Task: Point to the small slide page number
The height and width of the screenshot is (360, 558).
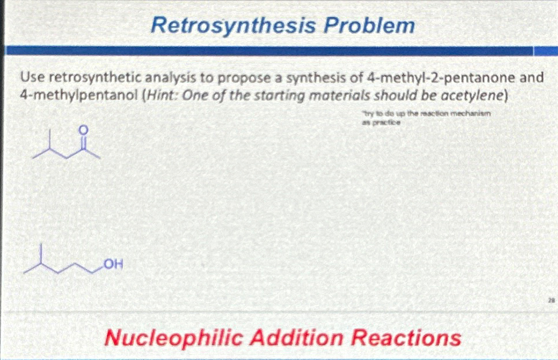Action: [x=551, y=300]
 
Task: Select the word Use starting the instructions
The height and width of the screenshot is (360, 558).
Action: [x=30, y=77]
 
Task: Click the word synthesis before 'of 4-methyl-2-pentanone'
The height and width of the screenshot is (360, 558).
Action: [x=321, y=77]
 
